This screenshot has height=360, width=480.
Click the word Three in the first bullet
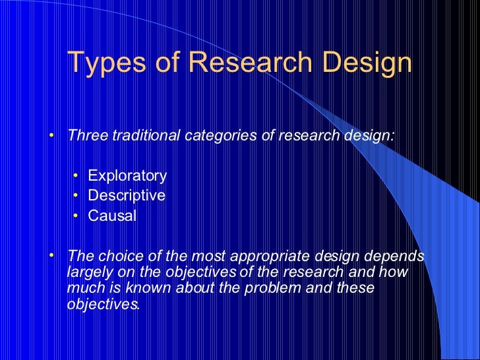click(x=88, y=136)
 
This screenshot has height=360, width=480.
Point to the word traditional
click(x=144, y=136)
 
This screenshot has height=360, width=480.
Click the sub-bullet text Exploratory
click(x=127, y=175)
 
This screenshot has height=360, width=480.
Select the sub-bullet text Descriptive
click(x=127, y=195)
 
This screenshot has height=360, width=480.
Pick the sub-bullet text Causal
click(x=112, y=216)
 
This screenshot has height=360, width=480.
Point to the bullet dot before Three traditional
click(x=53, y=136)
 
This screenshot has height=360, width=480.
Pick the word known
click(x=152, y=288)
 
